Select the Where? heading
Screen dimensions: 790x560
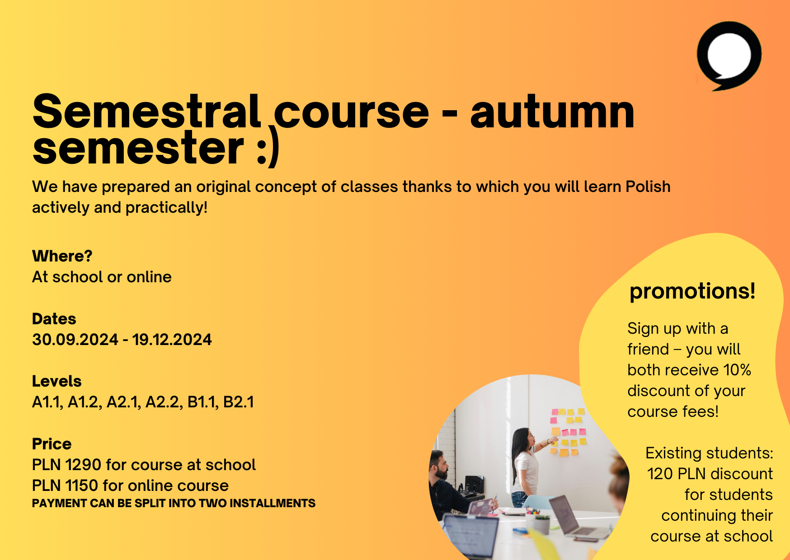point(62,256)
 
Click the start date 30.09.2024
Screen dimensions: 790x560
point(75,340)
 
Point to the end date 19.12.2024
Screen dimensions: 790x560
point(172,340)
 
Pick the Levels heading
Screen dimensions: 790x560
point(56,381)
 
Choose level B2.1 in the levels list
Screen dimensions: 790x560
point(239,402)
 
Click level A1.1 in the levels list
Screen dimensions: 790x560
point(47,402)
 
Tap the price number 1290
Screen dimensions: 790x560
point(83,465)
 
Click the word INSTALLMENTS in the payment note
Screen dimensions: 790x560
point(273,503)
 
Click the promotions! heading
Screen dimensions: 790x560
point(692,291)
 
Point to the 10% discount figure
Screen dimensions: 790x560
point(737,370)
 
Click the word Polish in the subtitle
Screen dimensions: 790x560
point(648,187)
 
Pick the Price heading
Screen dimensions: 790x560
point(52,444)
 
